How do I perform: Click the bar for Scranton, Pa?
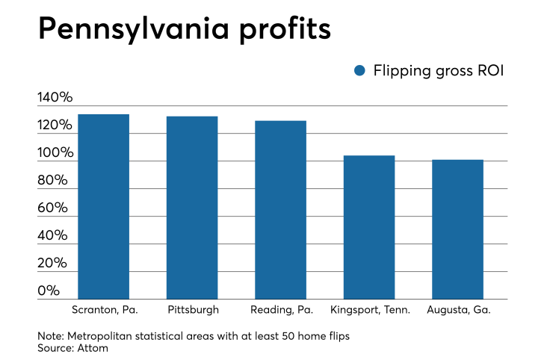(103, 207)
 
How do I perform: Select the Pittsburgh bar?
(192, 208)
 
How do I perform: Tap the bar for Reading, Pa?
(280, 210)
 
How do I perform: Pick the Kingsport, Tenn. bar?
(368, 227)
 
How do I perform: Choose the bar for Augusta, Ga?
(457, 229)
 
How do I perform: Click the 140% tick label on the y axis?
(55, 98)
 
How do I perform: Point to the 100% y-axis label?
(55, 153)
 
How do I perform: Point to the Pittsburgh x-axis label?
(192, 308)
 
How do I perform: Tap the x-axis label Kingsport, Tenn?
(368, 308)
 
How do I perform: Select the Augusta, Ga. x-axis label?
(457, 308)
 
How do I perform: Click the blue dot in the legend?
(359, 70)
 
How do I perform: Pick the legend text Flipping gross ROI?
(438, 70)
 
